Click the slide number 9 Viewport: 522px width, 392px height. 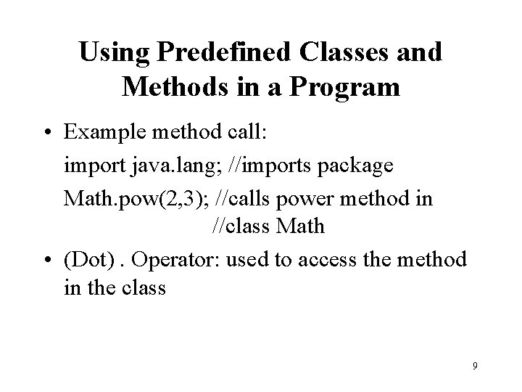pyautogui.click(x=474, y=366)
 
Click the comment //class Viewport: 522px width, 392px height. pyautogui.click(x=241, y=227)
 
